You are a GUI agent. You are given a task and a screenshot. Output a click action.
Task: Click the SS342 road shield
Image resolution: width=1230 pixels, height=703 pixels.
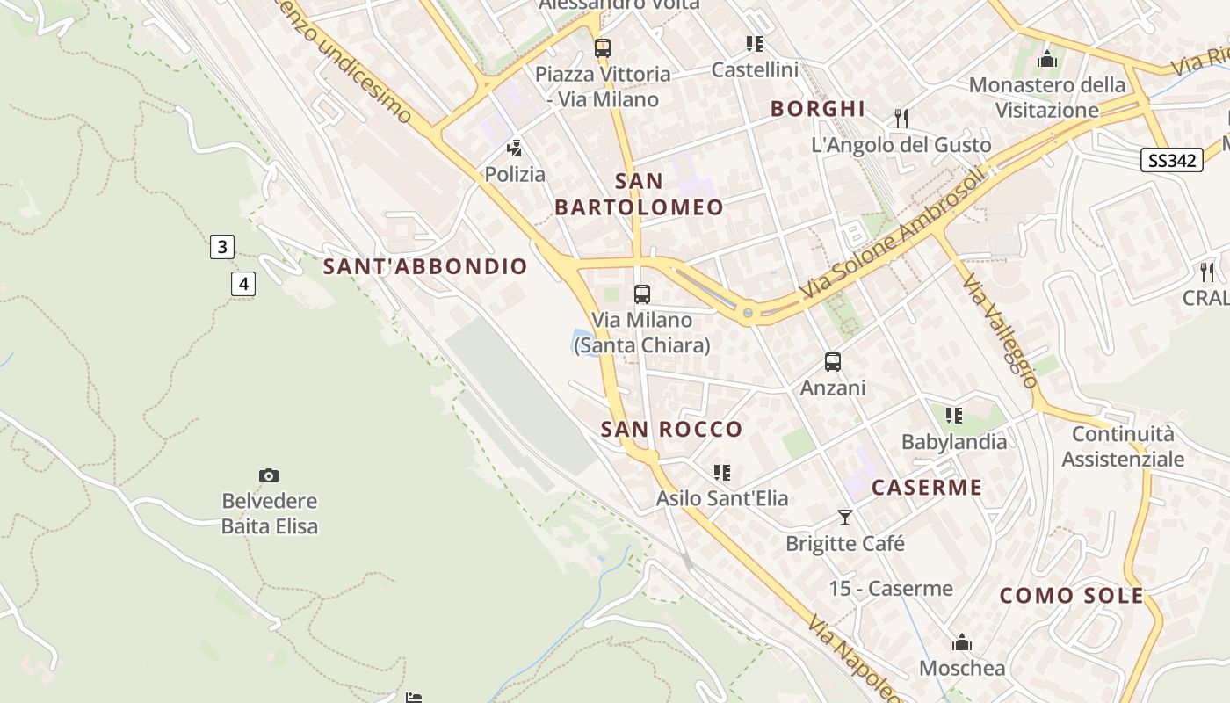click(1172, 160)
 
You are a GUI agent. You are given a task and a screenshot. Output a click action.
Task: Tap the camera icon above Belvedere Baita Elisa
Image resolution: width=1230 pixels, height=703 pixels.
click(269, 476)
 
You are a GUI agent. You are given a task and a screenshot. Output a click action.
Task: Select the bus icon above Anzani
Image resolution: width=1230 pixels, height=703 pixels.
click(832, 362)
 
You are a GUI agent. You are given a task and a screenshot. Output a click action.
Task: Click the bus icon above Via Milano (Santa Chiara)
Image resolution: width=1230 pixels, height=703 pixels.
click(642, 294)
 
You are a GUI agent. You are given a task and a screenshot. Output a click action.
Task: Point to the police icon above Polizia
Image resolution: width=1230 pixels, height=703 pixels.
click(515, 149)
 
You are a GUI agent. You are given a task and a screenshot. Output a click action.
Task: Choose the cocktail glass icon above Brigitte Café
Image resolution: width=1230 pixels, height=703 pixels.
click(845, 518)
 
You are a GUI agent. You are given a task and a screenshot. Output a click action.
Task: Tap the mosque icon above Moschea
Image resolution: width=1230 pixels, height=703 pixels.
click(962, 642)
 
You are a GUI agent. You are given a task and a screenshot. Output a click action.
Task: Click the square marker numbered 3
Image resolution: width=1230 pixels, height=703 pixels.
click(222, 247)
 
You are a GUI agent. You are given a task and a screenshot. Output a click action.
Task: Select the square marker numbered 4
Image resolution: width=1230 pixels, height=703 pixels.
click(243, 284)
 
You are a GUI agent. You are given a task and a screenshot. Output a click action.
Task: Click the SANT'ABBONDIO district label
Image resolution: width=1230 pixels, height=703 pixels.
click(425, 266)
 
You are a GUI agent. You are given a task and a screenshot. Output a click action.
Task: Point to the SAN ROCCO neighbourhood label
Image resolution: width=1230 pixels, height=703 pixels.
click(672, 430)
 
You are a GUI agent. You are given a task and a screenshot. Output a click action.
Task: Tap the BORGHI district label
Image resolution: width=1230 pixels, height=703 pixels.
click(818, 109)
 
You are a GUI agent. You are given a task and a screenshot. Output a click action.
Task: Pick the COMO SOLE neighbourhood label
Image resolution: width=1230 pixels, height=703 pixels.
click(1072, 596)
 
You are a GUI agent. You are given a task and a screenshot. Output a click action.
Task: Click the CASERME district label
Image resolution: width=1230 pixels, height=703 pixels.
click(927, 488)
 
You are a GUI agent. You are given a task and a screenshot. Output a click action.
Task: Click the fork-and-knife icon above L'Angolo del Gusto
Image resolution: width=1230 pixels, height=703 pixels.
click(901, 118)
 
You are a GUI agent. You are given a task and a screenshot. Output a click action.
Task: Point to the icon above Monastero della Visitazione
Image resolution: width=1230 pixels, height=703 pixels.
click(1046, 60)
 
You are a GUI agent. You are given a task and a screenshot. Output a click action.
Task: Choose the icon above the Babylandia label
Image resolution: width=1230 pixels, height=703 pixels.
click(954, 416)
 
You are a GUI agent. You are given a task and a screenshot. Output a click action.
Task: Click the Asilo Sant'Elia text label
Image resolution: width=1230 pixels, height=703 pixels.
click(722, 498)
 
